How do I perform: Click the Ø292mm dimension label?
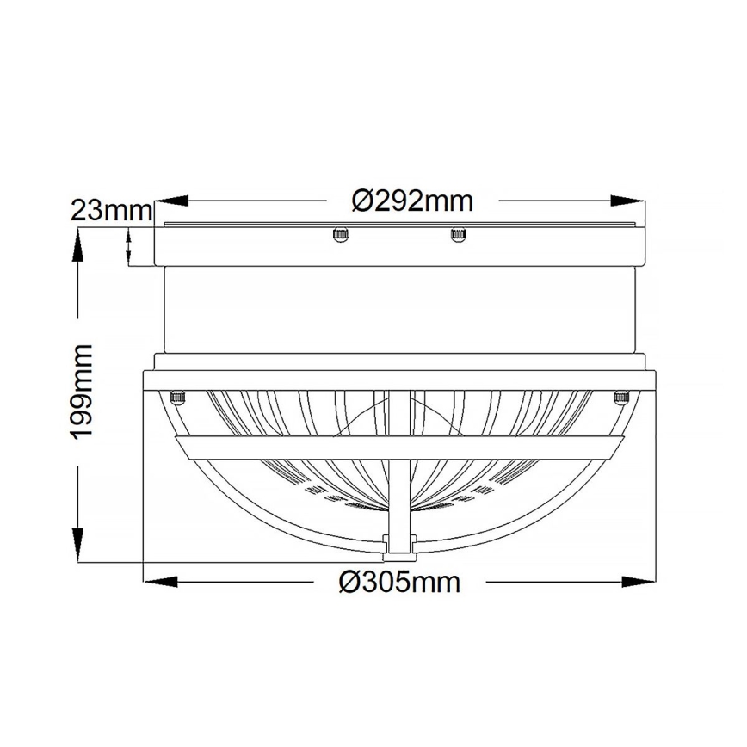click(413, 201)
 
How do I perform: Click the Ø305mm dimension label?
click(399, 583)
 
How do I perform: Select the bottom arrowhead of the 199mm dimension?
click(78, 547)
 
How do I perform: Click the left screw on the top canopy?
click(340, 233)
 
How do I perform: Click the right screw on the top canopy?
click(457, 233)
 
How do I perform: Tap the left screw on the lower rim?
click(178, 397)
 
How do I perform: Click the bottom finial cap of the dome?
click(398, 544)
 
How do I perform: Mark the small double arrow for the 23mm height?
click(129, 247)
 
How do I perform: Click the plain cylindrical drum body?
click(398, 310)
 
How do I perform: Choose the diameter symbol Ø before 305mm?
click(349, 583)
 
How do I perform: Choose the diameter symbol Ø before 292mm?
click(362, 201)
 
